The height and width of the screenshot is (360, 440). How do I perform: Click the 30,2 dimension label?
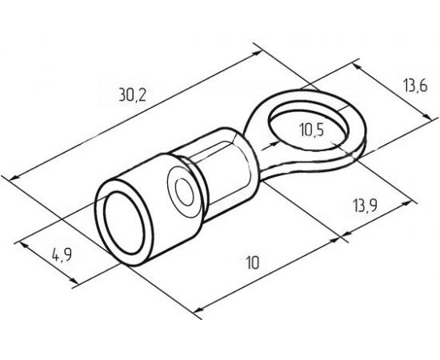(x=133, y=94)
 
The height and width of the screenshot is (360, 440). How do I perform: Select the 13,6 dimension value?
(x=415, y=86)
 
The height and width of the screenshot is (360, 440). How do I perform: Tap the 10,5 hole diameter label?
(x=312, y=130)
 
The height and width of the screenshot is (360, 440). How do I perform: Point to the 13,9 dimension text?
(x=365, y=206)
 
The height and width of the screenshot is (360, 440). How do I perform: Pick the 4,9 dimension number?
(x=62, y=255)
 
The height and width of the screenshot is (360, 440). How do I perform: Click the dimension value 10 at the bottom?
(x=253, y=262)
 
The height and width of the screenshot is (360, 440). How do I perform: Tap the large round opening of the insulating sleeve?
(x=124, y=223)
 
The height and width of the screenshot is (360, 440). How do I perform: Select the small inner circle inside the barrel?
(x=185, y=192)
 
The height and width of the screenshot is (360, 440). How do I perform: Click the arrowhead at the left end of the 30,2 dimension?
(x=14, y=178)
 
